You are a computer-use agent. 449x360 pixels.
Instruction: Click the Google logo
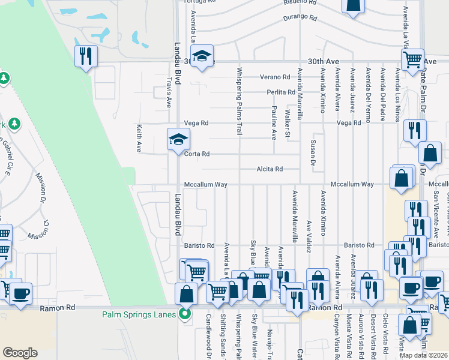tap(20, 353)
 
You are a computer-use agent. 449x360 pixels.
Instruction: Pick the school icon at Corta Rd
tap(178, 140)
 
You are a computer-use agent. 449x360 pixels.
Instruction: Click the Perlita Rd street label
tap(281, 92)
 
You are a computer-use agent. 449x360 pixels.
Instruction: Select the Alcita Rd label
tap(270, 169)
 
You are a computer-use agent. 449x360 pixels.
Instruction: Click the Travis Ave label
tap(168, 94)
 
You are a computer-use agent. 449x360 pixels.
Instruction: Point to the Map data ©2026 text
tap(423, 355)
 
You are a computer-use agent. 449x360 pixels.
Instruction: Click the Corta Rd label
tap(197, 154)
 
